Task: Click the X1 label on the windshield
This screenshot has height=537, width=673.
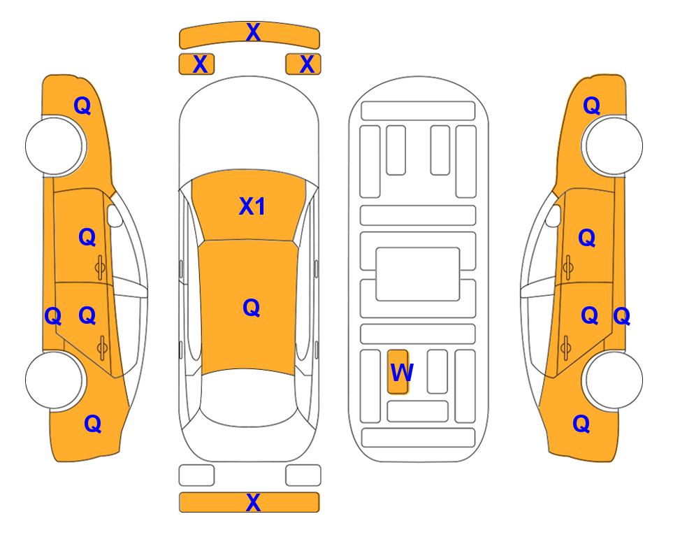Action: (252, 206)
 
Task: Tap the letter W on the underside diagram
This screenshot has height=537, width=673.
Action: (402, 372)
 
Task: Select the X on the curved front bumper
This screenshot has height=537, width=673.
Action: (253, 32)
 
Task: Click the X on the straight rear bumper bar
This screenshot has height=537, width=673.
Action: (253, 502)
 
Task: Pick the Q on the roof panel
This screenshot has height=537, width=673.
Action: (252, 308)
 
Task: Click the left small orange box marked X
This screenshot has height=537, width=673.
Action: (196, 64)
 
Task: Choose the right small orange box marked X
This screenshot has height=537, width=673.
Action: (303, 64)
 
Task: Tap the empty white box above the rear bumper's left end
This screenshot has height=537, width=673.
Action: (196, 475)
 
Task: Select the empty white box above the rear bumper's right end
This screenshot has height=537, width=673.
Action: (303, 475)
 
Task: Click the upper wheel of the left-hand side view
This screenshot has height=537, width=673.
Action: (55, 145)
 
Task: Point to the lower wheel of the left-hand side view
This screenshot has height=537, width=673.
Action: (55, 380)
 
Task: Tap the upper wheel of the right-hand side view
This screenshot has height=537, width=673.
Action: (614, 145)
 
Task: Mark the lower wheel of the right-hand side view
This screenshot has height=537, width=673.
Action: (614, 380)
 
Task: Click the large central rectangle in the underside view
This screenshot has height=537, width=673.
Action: (418, 274)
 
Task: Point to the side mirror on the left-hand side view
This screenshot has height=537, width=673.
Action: (115, 215)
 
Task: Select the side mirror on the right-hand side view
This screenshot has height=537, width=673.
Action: (553, 215)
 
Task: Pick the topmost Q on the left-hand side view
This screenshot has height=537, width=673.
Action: (82, 106)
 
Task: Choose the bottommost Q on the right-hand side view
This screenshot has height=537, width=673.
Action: (581, 424)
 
